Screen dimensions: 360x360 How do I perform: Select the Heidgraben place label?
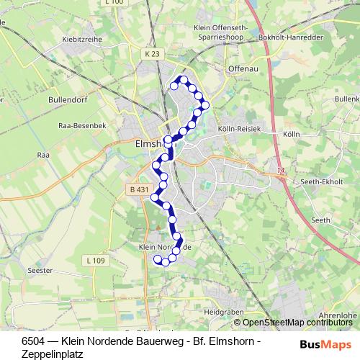pyautogui.click(x=220, y=314)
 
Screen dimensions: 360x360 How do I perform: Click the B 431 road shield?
pyautogui.click(x=139, y=190)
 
